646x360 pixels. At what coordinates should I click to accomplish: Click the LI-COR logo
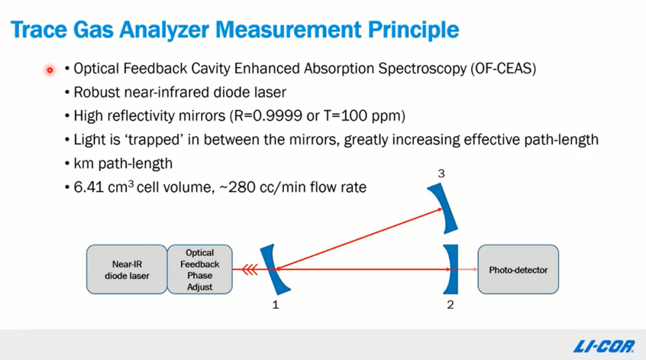coord(604,346)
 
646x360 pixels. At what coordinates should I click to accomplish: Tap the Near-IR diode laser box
coord(127,269)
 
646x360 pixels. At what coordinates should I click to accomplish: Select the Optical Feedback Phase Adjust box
coord(200,269)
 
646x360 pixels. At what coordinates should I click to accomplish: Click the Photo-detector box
coord(518,269)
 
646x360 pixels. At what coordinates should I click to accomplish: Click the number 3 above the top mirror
coord(441,173)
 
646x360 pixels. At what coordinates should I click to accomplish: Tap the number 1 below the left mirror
coord(276,305)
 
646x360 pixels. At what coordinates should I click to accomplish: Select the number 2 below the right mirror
coord(450,305)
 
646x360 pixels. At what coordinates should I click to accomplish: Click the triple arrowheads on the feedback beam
coord(249,270)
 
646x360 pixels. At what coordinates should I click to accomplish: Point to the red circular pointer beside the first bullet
coord(50,71)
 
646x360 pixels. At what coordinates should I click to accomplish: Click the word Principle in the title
coord(413,30)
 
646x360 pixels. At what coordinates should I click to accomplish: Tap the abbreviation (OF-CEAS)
coord(503,68)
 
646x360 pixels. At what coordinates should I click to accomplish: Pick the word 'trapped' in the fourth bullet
coord(154,140)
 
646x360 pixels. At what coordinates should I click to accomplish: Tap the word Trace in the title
coord(39,30)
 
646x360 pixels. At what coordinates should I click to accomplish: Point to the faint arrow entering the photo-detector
coord(467,269)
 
